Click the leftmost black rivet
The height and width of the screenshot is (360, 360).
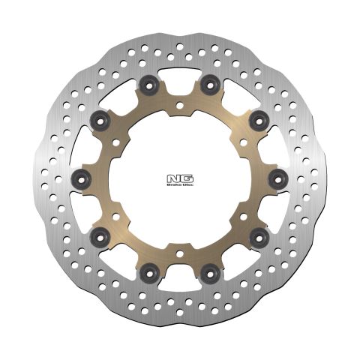[x=82, y=178]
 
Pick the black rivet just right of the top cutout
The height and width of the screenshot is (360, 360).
[x=211, y=84]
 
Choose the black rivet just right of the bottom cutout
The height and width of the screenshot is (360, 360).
[x=211, y=273]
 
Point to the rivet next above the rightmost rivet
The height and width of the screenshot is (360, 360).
[x=260, y=119]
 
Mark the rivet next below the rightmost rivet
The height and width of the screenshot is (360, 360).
[x=260, y=238]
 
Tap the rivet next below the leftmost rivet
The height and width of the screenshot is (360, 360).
[x=99, y=238]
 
